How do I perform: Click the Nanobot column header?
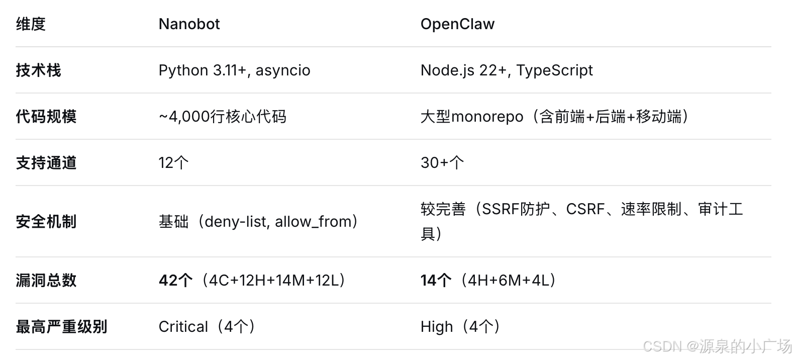point(189,24)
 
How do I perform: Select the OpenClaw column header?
point(457,24)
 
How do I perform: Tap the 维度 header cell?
point(31,24)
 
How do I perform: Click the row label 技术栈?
point(38,70)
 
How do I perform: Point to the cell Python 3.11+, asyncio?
point(234,70)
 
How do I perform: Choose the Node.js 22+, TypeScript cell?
point(507,70)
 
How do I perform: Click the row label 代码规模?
point(46,117)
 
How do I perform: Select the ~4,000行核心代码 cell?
point(223,117)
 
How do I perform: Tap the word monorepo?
point(487,117)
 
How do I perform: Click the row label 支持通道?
point(46,163)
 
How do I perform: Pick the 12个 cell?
point(173,163)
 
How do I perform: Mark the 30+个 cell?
point(442,163)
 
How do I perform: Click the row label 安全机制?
point(46,222)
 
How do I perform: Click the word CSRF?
point(585,209)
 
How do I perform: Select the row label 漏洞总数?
point(46,281)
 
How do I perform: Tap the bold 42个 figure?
point(175,281)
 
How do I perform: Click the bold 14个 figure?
point(436,281)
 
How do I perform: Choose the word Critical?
point(183,327)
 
